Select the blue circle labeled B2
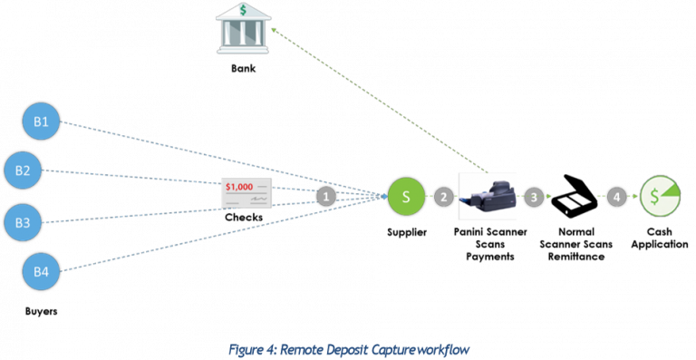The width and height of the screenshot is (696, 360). pos(23,170)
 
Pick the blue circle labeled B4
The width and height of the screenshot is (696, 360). pos(41,271)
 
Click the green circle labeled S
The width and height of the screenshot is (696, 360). pos(406,196)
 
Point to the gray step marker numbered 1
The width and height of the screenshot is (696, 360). pos(326,196)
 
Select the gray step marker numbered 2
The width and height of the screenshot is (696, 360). pos(443,196)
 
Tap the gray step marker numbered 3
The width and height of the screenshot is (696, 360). pos(535,196)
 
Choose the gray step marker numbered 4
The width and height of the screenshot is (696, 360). pos(616,196)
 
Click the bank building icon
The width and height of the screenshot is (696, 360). pos(243,29)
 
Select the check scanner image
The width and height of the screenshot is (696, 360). pos(488,196)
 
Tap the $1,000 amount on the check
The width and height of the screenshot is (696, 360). pos(239,186)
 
